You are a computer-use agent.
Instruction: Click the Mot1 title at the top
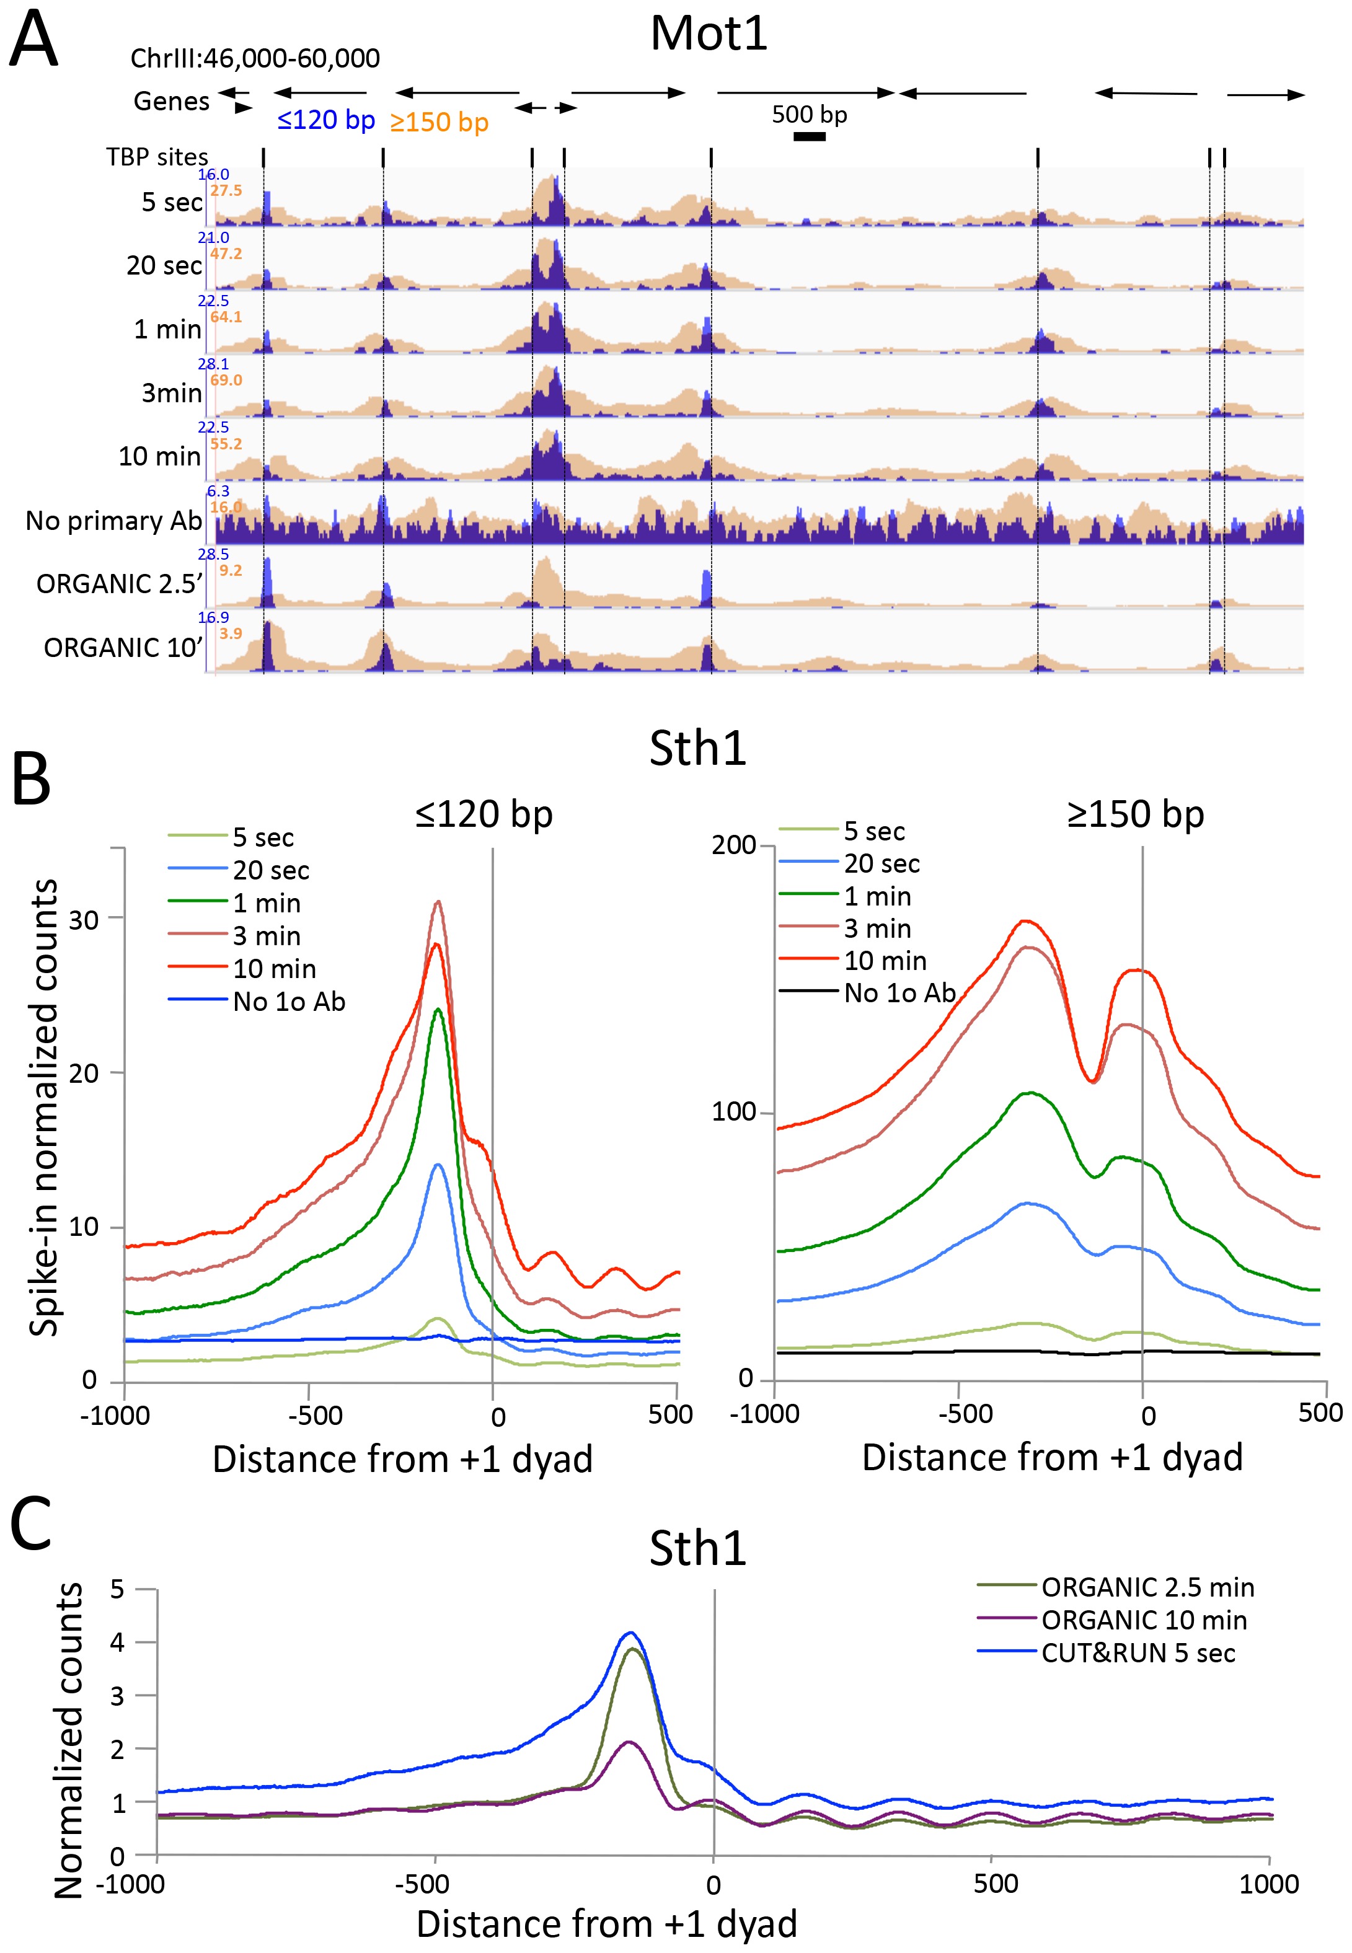point(708,34)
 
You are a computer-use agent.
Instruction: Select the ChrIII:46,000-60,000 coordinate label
point(255,58)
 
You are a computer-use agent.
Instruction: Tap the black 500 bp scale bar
point(809,136)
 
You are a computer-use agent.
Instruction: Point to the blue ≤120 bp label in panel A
point(326,120)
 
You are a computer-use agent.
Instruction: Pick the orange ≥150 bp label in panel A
point(439,122)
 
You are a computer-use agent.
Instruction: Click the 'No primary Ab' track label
point(113,520)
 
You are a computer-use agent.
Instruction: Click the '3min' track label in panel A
point(171,393)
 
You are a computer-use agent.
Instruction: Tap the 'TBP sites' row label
point(157,157)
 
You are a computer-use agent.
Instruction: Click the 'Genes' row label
point(171,102)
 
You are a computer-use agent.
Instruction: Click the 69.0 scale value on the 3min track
point(226,381)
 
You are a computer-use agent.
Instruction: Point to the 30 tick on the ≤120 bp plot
point(83,920)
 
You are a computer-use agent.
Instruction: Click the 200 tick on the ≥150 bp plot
point(733,845)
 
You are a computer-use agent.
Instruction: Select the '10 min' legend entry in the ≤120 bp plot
point(273,969)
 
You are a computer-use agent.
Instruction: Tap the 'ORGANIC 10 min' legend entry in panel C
point(1144,1620)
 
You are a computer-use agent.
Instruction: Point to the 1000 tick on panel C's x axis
point(1270,1884)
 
